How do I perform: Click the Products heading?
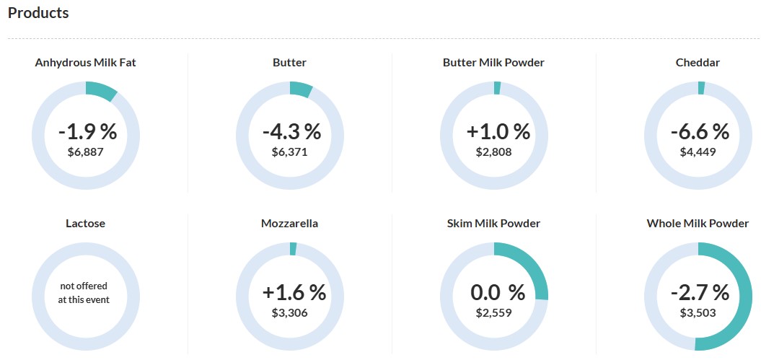pyautogui.click(x=38, y=14)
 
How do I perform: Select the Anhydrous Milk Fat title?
pyautogui.click(x=85, y=63)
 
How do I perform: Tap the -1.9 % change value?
pyautogui.click(x=87, y=131)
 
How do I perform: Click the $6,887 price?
pyautogui.click(x=85, y=152)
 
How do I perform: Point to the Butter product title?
pyautogui.click(x=289, y=63)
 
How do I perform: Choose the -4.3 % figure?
pyautogui.click(x=291, y=131)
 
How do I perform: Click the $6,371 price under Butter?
pyautogui.click(x=289, y=152)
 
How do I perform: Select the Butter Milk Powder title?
pyautogui.click(x=493, y=63)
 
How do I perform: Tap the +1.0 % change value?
pyautogui.click(x=498, y=131)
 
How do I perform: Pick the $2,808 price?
pyautogui.click(x=493, y=152)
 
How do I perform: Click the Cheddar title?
pyautogui.click(x=698, y=63)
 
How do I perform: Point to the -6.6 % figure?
pyautogui.click(x=700, y=131)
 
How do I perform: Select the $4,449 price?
pyautogui.click(x=698, y=152)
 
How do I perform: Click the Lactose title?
pyautogui.click(x=85, y=224)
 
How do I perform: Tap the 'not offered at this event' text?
pyautogui.click(x=85, y=293)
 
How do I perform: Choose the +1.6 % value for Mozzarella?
pyautogui.click(x=294, y=292)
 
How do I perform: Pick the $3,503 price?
pyautogui.click(x=698, y=313)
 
